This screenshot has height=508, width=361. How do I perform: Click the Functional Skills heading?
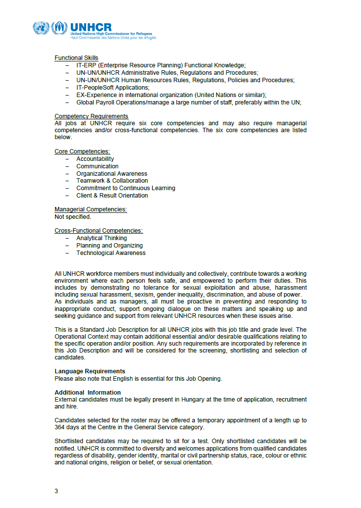pos(76,58)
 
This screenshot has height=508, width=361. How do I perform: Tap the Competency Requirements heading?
pos(91,116)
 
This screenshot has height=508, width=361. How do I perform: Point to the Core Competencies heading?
pos(82,152)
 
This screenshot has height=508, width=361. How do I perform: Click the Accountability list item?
pos(95,159)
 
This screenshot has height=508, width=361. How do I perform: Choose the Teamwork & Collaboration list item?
pos(112,181)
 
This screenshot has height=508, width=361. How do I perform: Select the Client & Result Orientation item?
pos(112,196)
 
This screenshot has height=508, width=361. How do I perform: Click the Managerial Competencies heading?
pos(91,210)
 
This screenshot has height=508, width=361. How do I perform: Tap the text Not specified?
pos(73,217)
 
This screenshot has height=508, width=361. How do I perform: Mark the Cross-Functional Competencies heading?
pos(99,231)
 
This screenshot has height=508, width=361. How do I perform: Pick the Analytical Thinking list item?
pos(102,238)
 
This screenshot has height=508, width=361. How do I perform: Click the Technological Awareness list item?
pos(111,253)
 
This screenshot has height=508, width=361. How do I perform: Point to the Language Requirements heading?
pos(90,371)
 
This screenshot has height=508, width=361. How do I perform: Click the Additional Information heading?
pos(87,393)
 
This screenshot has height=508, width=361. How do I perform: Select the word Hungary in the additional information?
pos(193,400)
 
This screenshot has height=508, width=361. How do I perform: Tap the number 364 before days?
pos(60,428)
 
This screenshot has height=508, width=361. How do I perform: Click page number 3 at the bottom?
pos(56,491)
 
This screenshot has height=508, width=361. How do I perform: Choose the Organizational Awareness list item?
pos(111,174)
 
